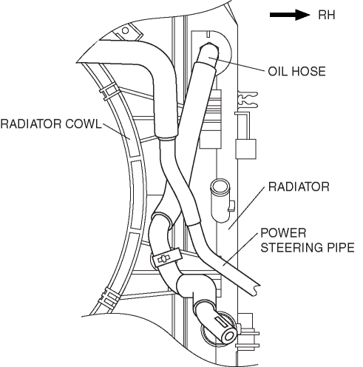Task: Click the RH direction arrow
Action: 290,15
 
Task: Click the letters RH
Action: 327,15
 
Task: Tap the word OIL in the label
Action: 277,71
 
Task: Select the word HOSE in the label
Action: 308,71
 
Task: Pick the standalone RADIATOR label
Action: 299,186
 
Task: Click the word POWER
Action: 283,233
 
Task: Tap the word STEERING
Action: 294,247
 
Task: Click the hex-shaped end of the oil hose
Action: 209,54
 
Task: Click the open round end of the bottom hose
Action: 229,337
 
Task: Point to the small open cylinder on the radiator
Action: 220,201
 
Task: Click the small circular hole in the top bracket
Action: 126,30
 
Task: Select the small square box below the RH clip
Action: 245,149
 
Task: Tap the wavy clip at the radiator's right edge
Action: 248,100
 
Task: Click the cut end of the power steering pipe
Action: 255,289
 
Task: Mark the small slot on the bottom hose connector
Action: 221,321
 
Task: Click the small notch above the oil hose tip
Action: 208,35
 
